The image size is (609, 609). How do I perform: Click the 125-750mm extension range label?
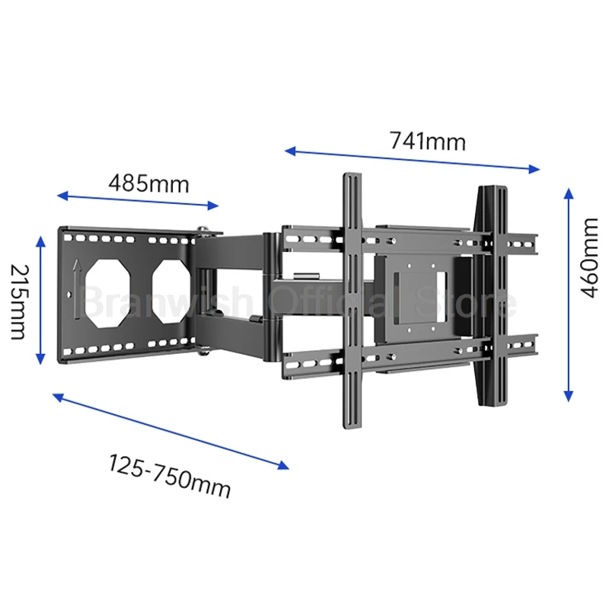point(169,476)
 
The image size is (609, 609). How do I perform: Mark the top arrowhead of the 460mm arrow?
point(568,192)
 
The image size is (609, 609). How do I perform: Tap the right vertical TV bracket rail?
point(490,297)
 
